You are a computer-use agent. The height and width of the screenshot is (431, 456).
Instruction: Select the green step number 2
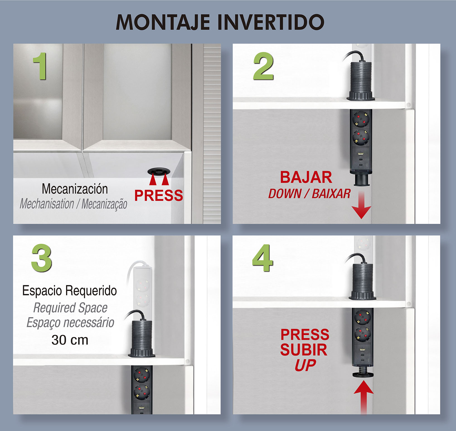click(263, 66)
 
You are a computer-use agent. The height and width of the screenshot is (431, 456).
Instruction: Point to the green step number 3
click(42, 258)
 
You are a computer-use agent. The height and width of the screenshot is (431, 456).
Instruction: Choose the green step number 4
click(263, 258)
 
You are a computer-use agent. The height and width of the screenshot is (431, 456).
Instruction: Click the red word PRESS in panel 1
click(159, 195)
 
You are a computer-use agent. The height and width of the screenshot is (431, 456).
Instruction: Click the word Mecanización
click(75, 189)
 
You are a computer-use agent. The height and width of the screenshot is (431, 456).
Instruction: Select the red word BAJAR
click(306, 177)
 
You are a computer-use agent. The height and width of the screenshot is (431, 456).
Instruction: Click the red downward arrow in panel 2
click(361, 205)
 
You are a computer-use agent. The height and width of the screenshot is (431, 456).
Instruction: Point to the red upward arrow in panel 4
click(363, 398)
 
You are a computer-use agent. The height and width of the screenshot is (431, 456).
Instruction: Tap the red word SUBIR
click(304, 350)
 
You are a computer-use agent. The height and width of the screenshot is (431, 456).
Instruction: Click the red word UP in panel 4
click(305, 365)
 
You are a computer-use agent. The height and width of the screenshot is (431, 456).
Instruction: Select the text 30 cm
click(70, 340)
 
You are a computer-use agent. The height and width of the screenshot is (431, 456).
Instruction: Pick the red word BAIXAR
click(331, 194)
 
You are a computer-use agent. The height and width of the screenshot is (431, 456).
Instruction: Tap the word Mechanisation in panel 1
click(47, 204)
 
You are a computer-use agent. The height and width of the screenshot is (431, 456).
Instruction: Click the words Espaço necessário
click(70, 322)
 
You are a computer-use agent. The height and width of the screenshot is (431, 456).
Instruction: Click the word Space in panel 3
click(93, 308)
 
